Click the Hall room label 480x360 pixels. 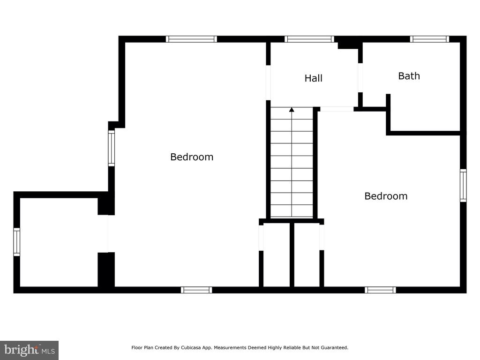pyautogui.click(x=313, y=78)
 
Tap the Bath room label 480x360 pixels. pyautogui.click(x=409, y=76)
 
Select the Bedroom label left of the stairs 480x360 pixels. pyautogui.click(x=192, y=157)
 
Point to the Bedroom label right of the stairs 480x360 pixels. pyautogui.click(x=386, y=196)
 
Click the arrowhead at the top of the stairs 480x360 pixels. pyautogui.click(x=292, y=109)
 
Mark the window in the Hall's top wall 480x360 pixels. pyautogui.click(x=309, y=39)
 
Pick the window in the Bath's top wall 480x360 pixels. pyautogui.click(x=429, y=39)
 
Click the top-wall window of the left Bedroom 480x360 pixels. pyautogui.click(x=191, y=39)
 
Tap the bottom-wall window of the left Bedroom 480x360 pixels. pyautogui.click(x=196, y=290)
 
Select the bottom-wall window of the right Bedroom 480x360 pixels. pyautogui.click(x=380, y=290)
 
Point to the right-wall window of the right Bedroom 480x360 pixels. pyautogui.click(x=463, y=186)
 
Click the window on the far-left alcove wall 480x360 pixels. pyautogui.click(x=16, y=242)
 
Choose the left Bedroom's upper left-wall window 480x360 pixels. pyautogui.click(x=112, y=148)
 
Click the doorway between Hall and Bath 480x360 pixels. pyautogui.click(x=360, y=78)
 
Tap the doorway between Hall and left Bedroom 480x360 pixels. pyautogui.click(x=268, y=82)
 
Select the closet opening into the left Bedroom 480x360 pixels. pyautogui.click(x=261, y=238)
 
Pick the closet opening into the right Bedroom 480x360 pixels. pyautogui.click(x=322, y=238)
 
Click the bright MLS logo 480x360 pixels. pyautogui.click(x=29, y=350)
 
